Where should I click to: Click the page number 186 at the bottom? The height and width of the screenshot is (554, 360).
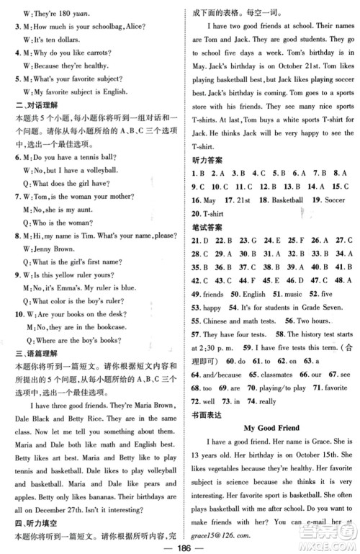coord(180,545)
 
